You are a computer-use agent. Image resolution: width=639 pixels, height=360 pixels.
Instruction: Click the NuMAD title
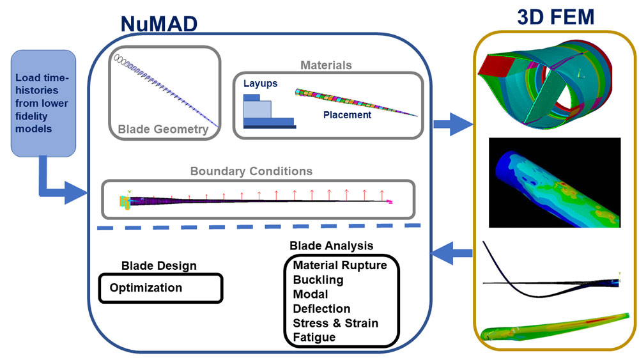(159, 24)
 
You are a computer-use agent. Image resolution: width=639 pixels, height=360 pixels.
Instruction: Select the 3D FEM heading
(555, 17)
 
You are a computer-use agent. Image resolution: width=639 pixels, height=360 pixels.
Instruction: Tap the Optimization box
(161, 288)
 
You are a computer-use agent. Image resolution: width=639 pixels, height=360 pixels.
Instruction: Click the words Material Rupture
(340, 265)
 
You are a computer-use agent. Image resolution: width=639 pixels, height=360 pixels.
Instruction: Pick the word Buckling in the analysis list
(318, 279)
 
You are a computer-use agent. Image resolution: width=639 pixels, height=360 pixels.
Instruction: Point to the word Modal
(311, 294)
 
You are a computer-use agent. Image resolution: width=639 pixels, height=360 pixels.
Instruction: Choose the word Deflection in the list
(321, 309)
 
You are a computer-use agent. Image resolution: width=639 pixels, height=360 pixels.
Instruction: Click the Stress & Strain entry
(335, 323)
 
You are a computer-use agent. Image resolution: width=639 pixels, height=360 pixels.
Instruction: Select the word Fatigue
(314, 337)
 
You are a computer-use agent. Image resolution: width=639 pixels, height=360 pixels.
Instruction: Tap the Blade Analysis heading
(331, 246)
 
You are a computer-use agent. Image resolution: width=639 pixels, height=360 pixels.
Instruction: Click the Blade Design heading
(159, 266)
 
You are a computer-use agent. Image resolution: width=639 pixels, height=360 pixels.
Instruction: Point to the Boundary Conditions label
(251, 171)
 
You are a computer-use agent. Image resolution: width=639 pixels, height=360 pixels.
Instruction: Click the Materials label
(326, 65)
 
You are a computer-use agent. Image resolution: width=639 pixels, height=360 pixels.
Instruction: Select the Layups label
(261, 84)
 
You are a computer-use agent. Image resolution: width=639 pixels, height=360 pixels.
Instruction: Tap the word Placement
(347, 115)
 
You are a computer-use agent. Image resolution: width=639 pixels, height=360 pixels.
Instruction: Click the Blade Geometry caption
(163, 129)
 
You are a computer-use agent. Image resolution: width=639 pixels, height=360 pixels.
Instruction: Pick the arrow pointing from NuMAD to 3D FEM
(453, 124)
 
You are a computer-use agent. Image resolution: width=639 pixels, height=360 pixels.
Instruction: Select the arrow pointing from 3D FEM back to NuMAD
(452, 253)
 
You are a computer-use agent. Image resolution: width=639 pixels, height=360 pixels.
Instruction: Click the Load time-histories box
(43, 104)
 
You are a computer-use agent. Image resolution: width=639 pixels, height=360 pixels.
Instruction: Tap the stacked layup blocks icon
(270, 112)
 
